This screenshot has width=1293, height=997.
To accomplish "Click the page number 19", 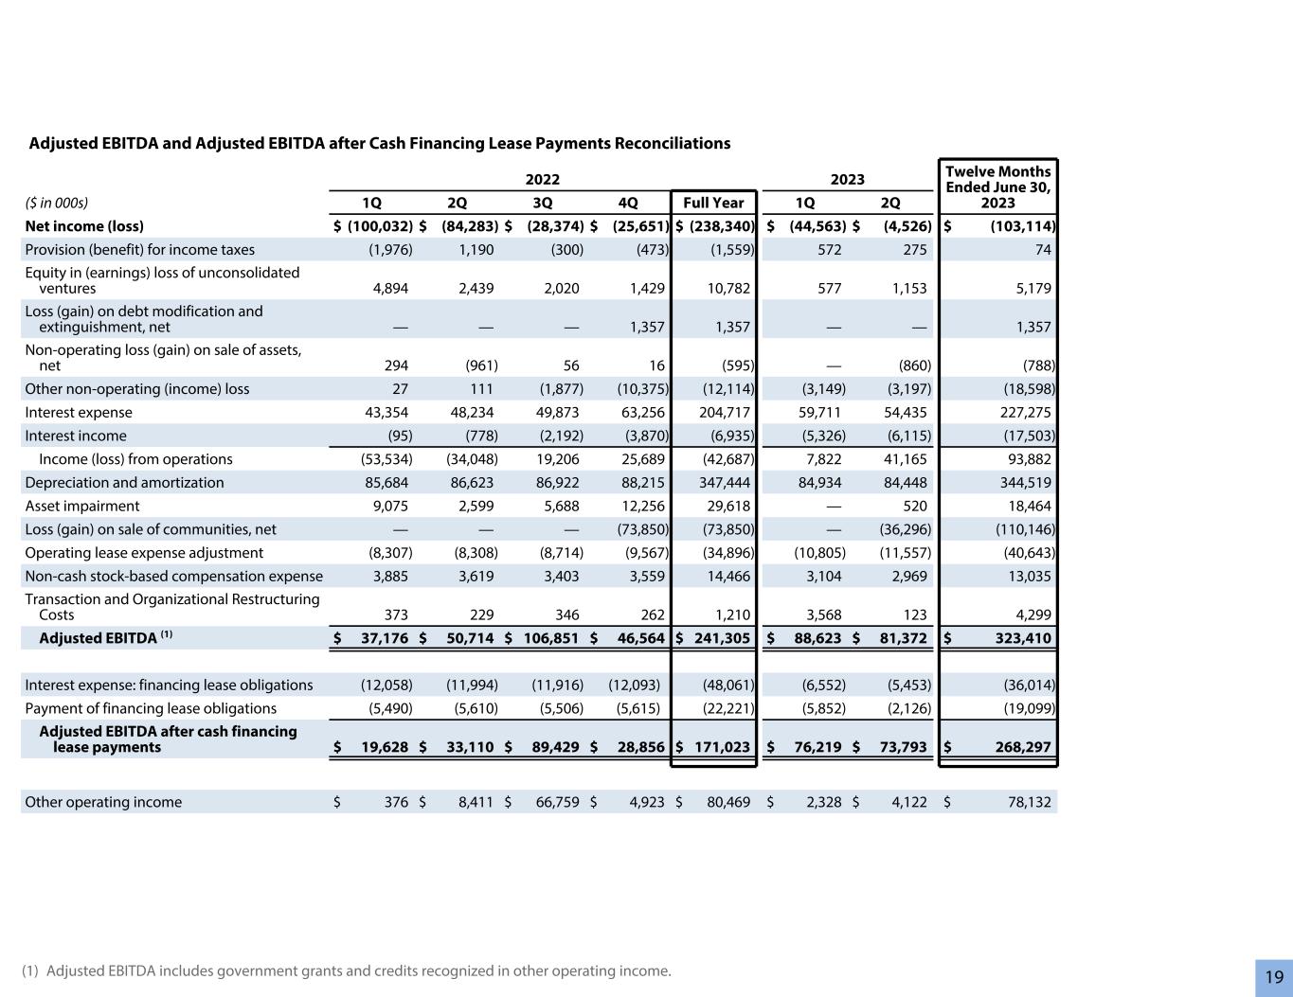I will click(1274, 977).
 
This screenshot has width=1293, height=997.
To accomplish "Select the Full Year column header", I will click(713, 203).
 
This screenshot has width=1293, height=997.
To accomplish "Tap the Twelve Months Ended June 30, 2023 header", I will click(997, 187).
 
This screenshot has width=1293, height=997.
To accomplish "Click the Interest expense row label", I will click(79, 413).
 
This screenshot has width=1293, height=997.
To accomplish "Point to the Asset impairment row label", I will click(82, 507).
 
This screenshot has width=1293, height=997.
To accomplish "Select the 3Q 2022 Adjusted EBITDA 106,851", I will click(552, 638).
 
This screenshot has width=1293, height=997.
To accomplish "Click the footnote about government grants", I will click(346, 970).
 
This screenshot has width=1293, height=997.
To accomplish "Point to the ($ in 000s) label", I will click(56, 203).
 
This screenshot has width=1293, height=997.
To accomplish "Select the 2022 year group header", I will click(542, 180).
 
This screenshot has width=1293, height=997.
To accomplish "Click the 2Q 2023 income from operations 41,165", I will click(902, 459).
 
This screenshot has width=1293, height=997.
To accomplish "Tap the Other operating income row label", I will click(103, 803).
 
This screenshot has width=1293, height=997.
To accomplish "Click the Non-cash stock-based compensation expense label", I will click(173, 577).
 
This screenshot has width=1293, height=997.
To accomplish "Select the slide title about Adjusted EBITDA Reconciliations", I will click(379, 144).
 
